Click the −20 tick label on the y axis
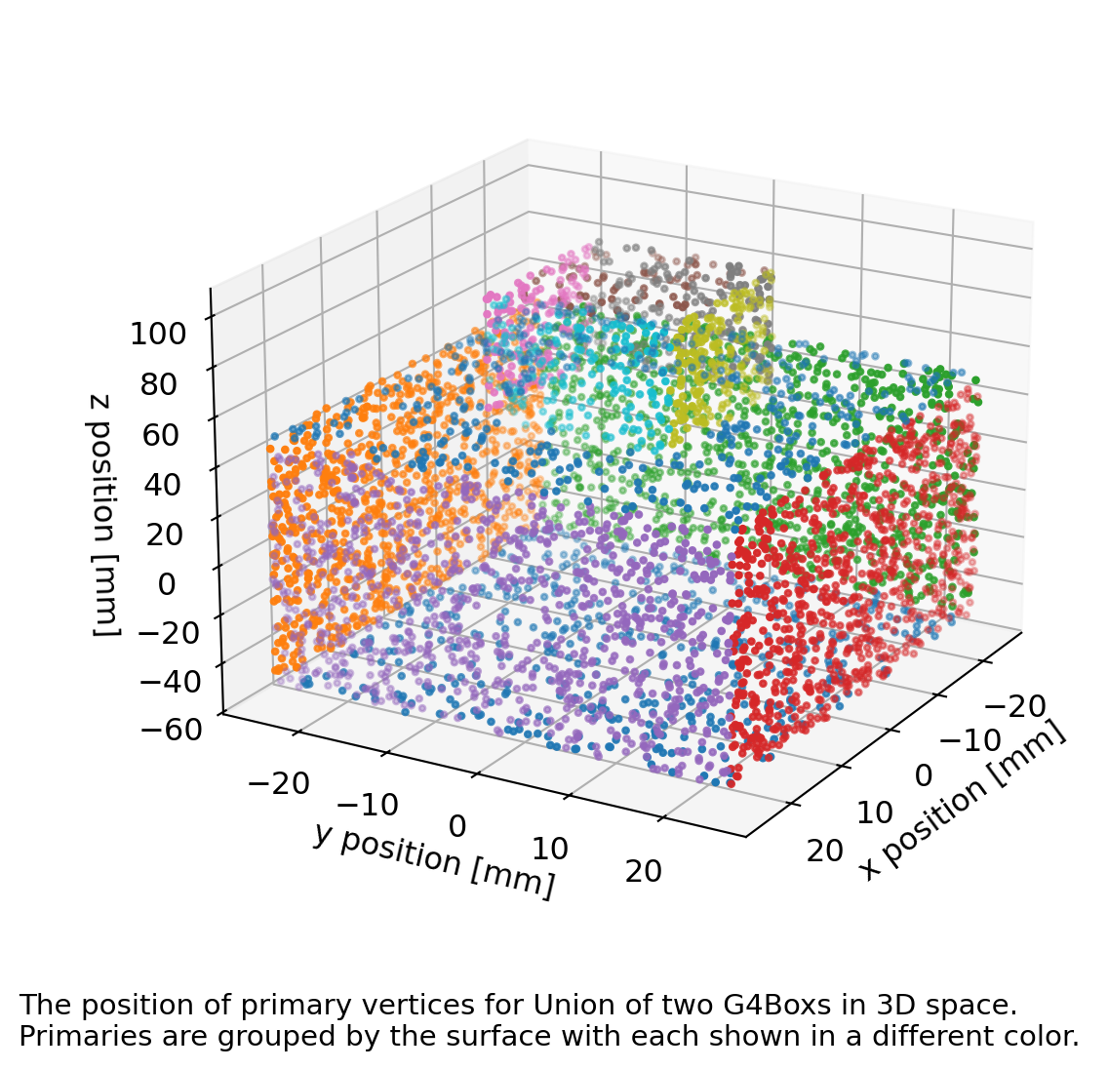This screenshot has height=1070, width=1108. coord(279,782)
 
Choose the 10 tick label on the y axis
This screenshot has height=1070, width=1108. coord(549,848)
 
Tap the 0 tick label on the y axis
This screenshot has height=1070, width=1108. coord(456,826)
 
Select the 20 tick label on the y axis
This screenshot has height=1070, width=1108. coord(643,871)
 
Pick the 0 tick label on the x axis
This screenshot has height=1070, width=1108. coord(923,775)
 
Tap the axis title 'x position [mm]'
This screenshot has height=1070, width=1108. coord(964,806)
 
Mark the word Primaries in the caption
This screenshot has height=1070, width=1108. coord(63,1036)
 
